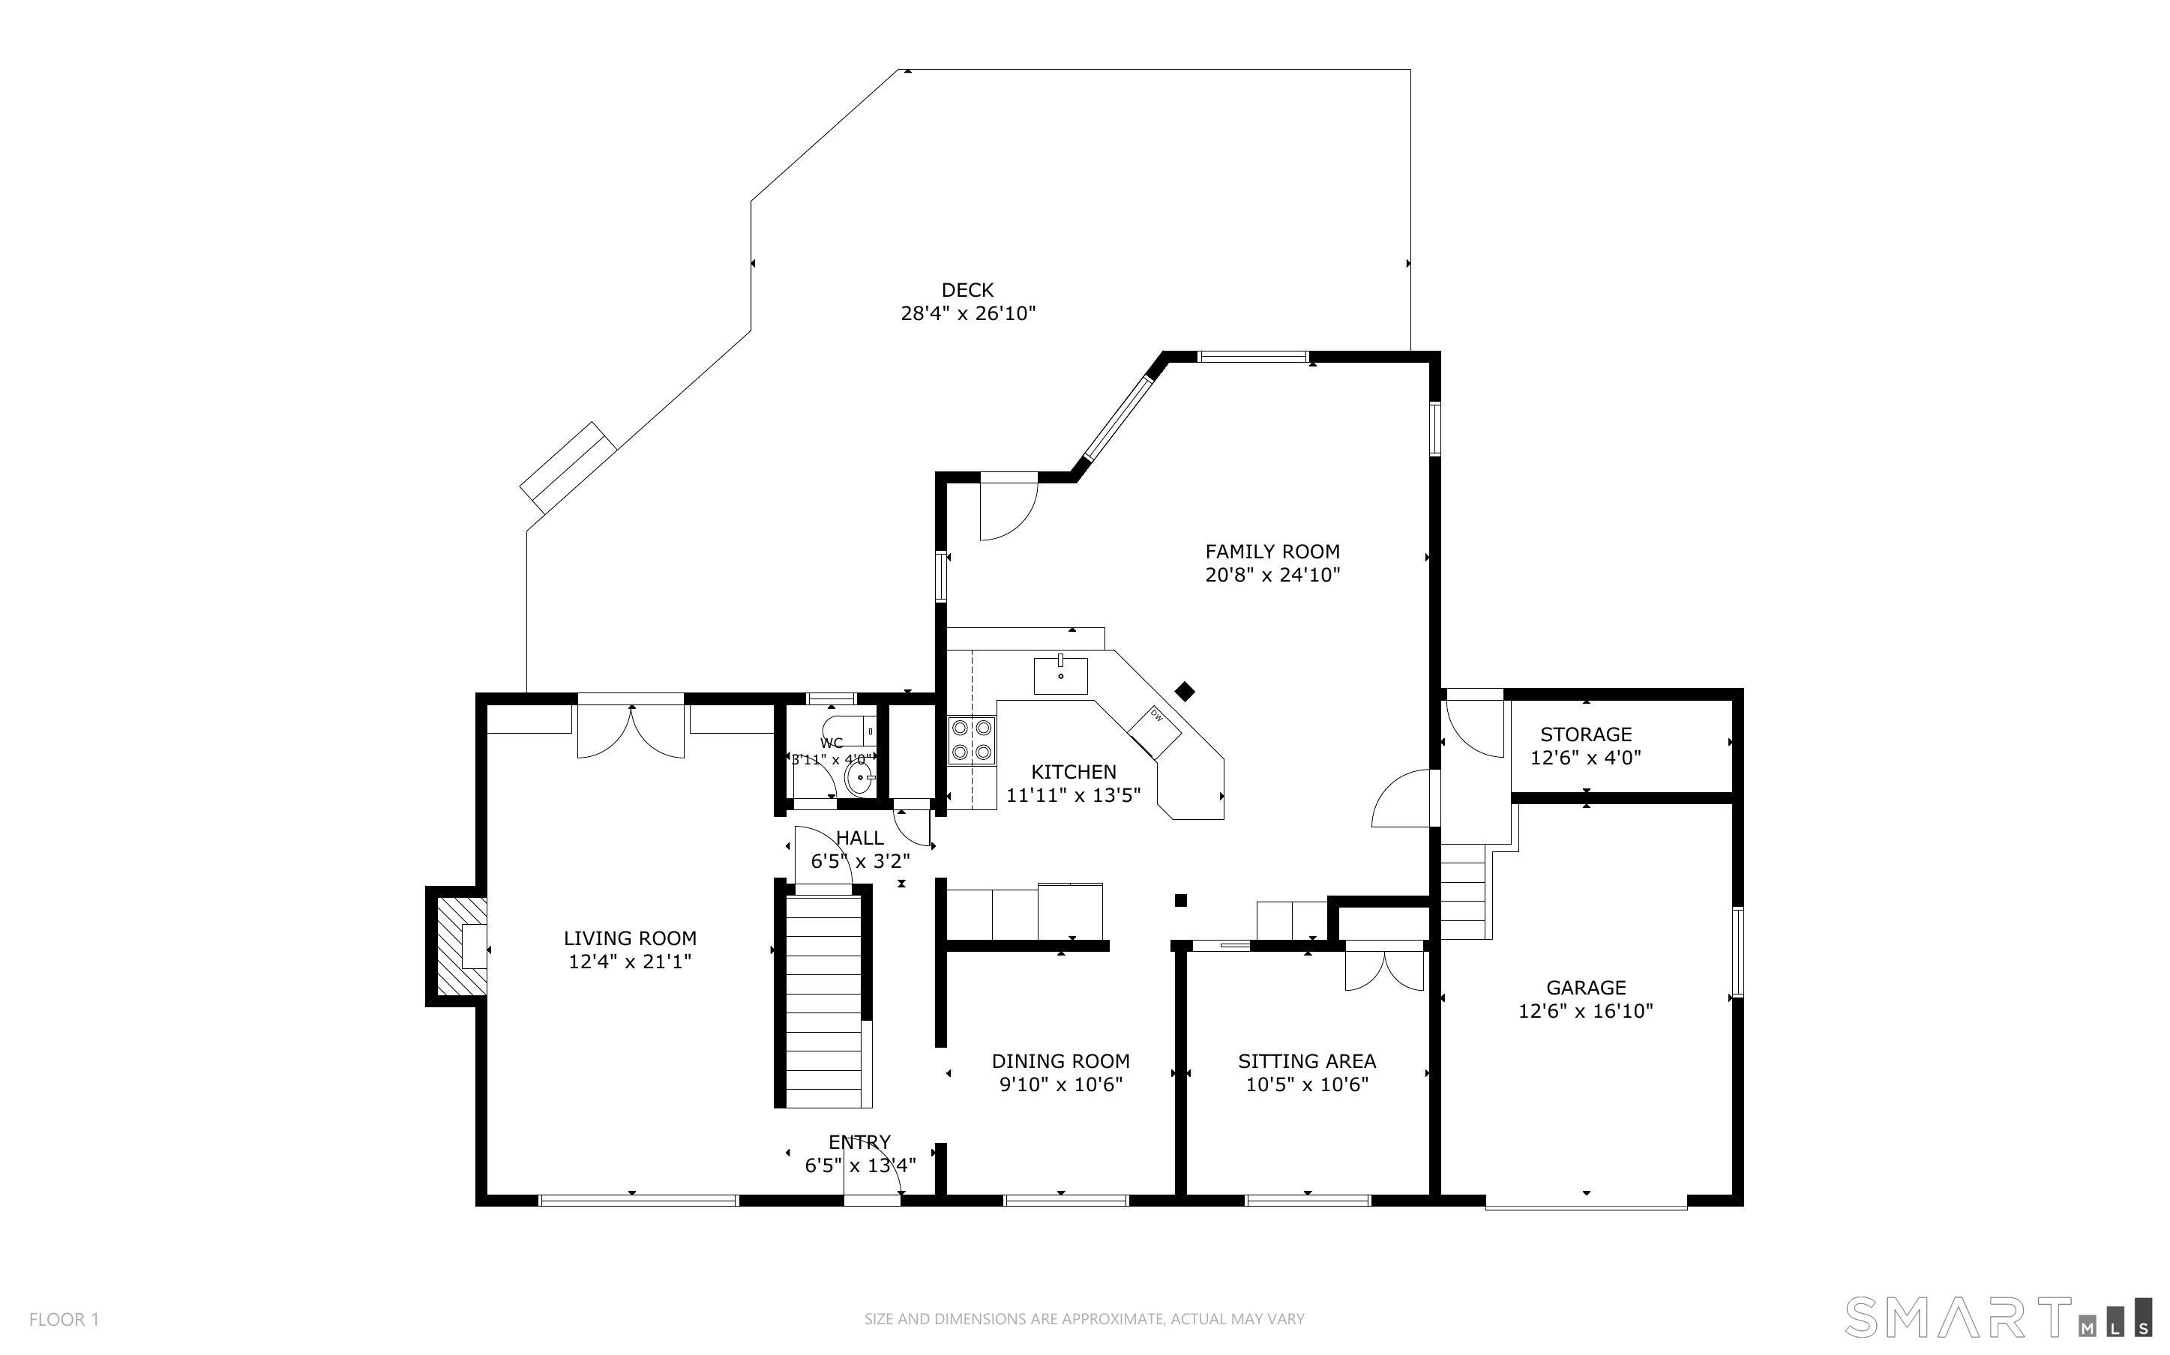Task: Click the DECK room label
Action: click(x=967, y=290)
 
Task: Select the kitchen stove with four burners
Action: click(x=972, y=740)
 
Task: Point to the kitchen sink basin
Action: click(x=1060, y=676)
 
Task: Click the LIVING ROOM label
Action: click(x=630, y=938)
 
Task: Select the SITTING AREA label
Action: click(x=1307, y=1061)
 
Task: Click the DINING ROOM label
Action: click(x=1060, y=1061)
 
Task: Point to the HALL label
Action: click(x=859, y=838)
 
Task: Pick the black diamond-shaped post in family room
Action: click(x=1185, y=691)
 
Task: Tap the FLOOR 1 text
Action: click(x=64, y=1319)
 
